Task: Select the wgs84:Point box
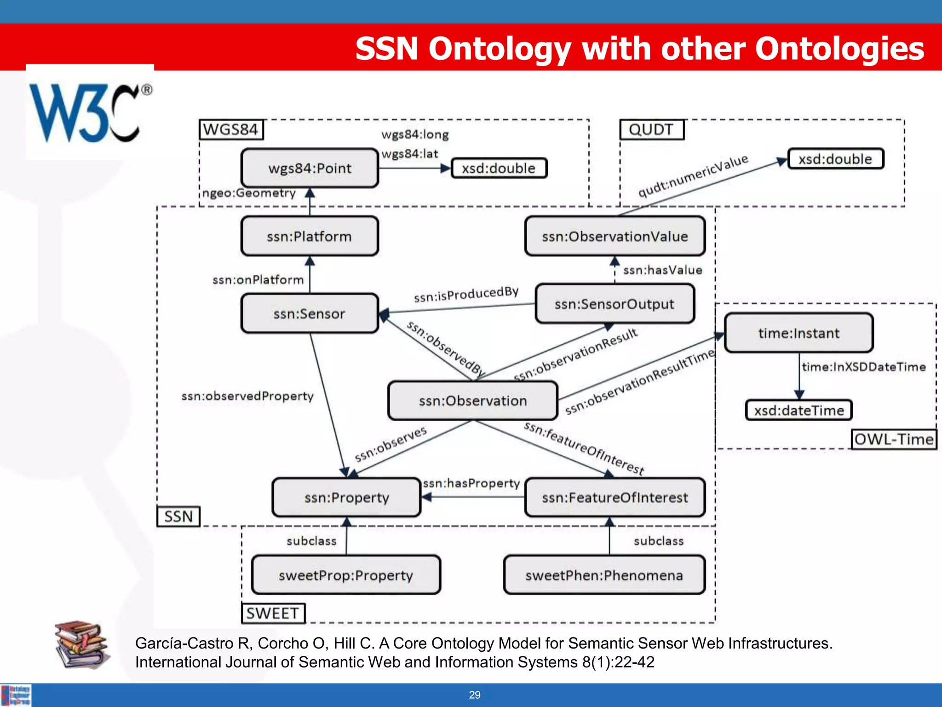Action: coord(310,168)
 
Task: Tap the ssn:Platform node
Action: coord(310,237)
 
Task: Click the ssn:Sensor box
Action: coord(310,314)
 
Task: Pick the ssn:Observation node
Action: coord(473,401)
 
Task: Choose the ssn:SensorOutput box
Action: coord(615,304)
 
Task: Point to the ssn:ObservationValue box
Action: coord(615,237)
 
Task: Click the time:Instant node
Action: coord(799,333)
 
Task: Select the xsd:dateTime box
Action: coord(799,410)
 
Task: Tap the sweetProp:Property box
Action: coord(346,575)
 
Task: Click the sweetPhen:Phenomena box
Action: coord(604,575)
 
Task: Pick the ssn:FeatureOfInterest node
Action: coord(615,498)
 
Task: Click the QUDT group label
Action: coord(651,129)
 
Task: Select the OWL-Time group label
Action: coord(894,439)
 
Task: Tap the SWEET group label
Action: coord(273,613)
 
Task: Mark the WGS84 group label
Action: coord(231,129)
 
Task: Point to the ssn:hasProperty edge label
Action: coord(471,483)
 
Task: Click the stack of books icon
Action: coord(82,645)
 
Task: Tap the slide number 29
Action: coord(475,695)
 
